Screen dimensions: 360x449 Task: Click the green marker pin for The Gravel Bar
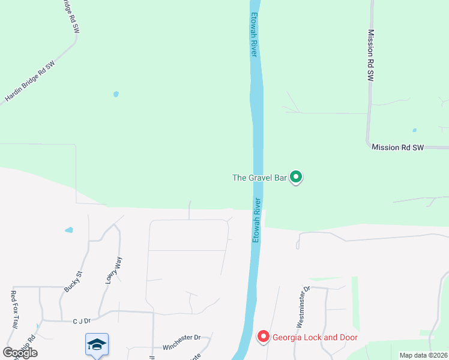coord(295,177)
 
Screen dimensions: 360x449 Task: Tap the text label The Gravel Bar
coord(259,178)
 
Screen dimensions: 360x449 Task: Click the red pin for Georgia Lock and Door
coord(263,337)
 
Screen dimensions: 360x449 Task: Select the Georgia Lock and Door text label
coord(315,337)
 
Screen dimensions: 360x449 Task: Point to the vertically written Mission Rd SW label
coord(370,56)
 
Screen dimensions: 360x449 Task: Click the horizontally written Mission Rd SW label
coord(397,147)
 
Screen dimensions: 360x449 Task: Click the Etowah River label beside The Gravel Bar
coord(256,220)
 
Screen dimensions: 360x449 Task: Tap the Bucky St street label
coord(73,281)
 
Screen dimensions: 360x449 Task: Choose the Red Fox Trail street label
coord(13,309)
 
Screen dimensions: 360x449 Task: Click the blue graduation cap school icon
coord(97,344)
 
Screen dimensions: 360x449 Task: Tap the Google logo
coord(20,353)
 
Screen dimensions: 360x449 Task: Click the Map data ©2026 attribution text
coord(423,355)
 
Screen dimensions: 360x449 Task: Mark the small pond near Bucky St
coord(69,230)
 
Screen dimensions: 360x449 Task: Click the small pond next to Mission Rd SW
coord(414,130)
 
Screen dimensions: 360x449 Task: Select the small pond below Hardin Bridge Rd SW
coord(116,94)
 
